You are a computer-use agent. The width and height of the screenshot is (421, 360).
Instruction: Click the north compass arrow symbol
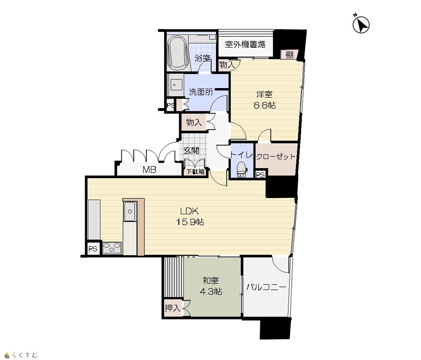[x=361, y=24]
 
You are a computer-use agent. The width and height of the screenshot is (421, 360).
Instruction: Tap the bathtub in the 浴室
[x=177, y=52]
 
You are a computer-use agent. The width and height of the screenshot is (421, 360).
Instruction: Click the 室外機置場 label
[x=245, y=44]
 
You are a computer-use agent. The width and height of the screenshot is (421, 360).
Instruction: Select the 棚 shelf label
[x=289, y=55]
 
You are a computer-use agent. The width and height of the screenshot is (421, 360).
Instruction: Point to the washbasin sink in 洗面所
[x=175, y=84]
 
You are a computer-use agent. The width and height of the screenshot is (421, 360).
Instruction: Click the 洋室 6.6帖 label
[x=264, y=100]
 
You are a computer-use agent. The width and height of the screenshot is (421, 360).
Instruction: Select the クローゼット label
[x=276, y=157]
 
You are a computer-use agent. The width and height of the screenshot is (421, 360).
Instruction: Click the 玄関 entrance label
[x=191, y=150]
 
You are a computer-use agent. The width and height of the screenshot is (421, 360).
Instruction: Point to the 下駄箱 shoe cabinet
[x=196, y=171]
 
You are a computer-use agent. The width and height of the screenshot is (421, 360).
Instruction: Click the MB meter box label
[x=149, y=170]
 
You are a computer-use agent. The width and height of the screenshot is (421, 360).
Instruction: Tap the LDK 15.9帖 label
[x=190, y=217]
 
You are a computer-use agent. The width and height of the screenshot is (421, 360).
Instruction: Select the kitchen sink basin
[x=130, y=211]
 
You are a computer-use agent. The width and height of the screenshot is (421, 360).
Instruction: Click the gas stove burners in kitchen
[x=112, y=248]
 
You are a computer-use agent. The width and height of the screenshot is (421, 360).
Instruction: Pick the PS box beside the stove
[x=93, y=249]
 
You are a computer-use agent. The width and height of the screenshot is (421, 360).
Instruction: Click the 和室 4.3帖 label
[x=211, y=286]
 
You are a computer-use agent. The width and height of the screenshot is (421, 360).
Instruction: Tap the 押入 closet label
[x=173, y=308]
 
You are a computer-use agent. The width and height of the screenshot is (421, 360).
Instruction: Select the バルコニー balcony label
[x=266, y=287]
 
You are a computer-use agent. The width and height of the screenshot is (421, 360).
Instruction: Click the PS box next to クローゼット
[x=260, y=175]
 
